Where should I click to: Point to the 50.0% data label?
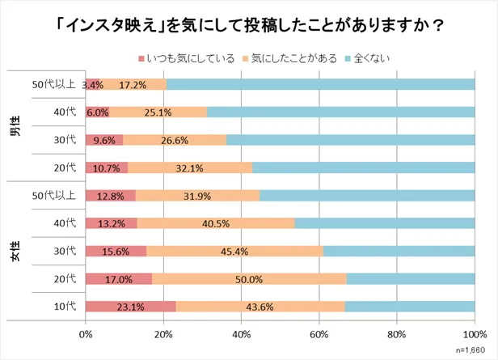248,279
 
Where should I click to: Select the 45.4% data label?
234,251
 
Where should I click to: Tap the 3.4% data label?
93,84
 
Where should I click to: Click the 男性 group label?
15,125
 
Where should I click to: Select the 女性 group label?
15,251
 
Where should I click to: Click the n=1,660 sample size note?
472,351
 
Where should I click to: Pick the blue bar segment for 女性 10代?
410,307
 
